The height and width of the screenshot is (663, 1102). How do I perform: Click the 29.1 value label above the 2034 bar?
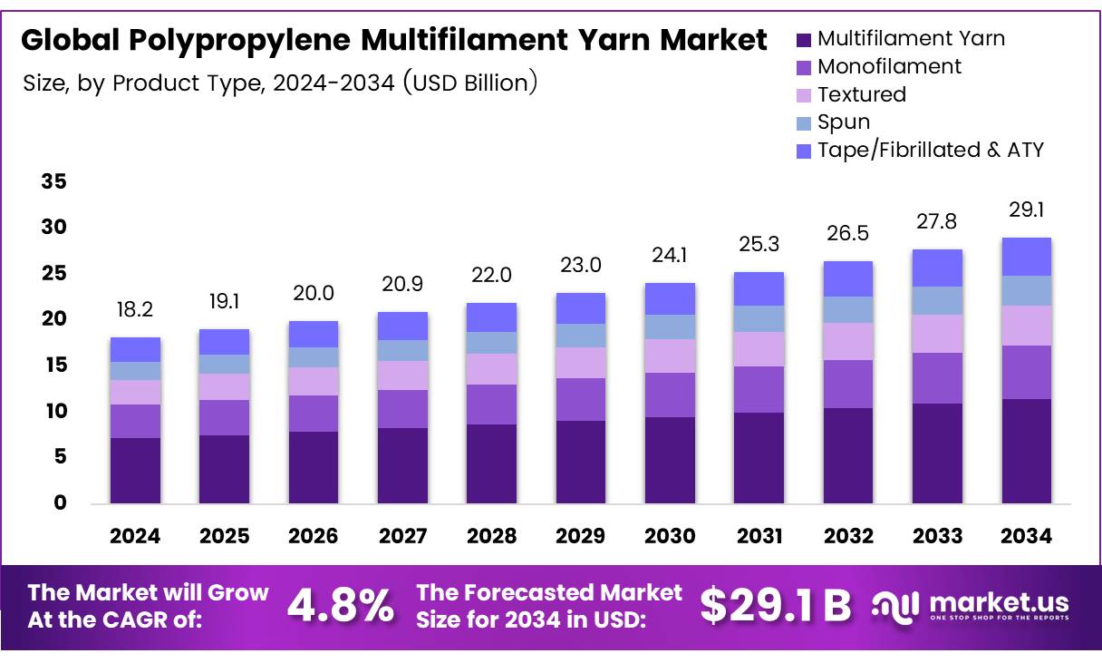point(1026,210)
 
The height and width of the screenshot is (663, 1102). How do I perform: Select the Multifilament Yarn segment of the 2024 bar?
point(135,470)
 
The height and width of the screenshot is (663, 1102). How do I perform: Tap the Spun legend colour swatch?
point(804,122)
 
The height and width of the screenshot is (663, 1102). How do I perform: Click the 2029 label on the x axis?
point(581,536)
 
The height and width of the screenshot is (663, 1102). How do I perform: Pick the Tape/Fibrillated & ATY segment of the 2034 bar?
point(1026,257)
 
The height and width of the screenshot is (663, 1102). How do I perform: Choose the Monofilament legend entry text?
point(889,66)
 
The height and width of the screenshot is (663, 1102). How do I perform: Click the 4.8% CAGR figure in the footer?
point(341,606)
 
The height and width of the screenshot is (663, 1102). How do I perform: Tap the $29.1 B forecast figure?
point(776,606)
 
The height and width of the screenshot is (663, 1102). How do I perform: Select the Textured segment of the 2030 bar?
point(670,356)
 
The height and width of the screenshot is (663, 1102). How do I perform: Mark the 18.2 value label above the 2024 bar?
point(135,309)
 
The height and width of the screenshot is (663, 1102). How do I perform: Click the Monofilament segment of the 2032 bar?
point(848,384)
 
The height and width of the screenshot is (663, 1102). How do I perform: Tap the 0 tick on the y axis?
point(60,503)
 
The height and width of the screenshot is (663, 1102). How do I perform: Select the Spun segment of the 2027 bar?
point(402,350)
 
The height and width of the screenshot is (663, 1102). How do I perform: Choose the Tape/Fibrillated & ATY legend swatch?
point(804,151)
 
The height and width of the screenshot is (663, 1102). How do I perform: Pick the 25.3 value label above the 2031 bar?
point(759,244)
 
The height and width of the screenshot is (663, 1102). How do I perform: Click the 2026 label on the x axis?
point(314,536)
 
